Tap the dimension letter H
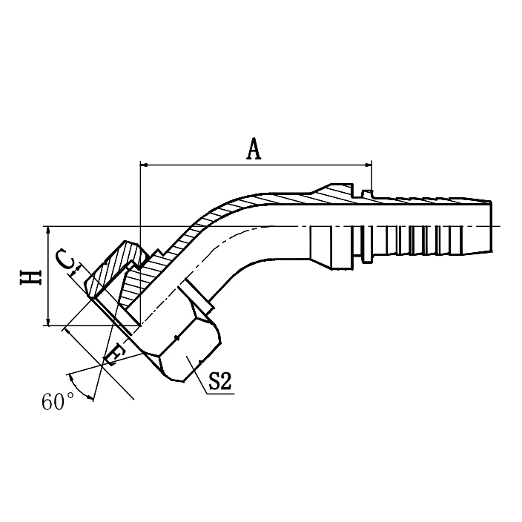click(30, 277)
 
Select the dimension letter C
click(66, 260)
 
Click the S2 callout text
click(220, 383)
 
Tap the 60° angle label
click(58, 402)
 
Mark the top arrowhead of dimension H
click(48, 230)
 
